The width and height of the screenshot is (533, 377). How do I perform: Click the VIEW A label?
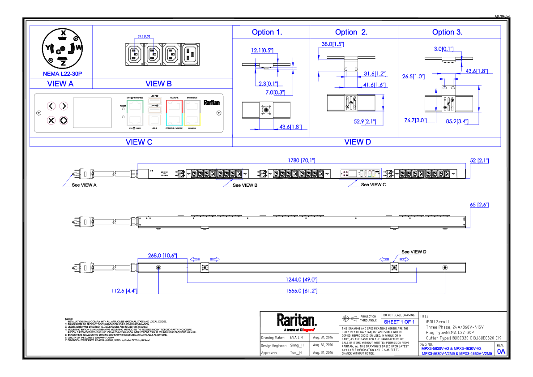60,84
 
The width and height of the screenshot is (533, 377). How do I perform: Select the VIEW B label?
158,84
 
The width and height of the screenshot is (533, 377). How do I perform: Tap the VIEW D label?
358,142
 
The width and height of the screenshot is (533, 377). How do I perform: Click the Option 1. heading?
267,32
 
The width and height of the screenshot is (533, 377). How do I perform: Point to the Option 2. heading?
351,32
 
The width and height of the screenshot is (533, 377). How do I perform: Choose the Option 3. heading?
447,32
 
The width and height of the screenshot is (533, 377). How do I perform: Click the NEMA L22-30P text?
63,74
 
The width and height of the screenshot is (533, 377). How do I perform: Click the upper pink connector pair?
58,107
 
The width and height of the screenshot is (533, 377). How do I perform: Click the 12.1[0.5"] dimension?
262,51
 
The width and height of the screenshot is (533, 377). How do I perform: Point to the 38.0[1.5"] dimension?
333,44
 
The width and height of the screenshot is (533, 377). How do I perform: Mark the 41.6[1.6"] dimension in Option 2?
374,85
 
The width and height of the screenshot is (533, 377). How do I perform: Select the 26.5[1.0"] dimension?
414,77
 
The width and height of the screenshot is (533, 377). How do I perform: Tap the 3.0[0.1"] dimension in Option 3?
443,49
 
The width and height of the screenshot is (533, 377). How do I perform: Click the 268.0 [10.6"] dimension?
162,256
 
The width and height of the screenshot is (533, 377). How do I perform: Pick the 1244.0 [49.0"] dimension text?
302,280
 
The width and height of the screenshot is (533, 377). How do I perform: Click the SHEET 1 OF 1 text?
399,322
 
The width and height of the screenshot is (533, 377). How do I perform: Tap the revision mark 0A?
501,352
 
